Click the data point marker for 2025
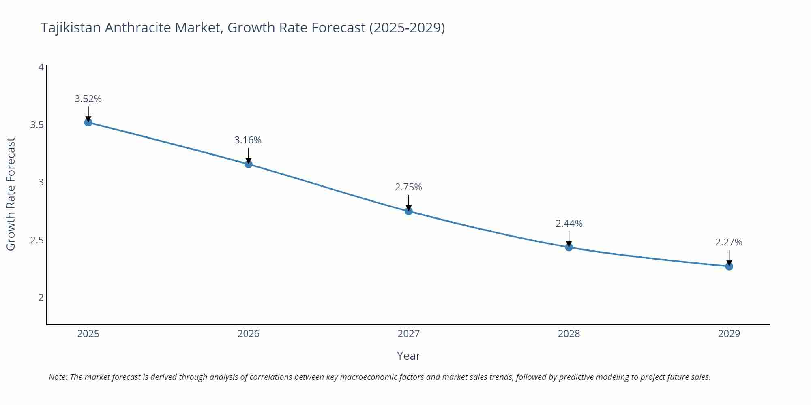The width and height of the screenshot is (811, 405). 88,122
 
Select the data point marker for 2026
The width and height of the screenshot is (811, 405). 249,164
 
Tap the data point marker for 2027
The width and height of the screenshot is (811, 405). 409,211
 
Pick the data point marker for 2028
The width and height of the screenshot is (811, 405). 569,247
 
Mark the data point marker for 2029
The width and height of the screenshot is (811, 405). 729,266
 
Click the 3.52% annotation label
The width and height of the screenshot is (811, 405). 88,99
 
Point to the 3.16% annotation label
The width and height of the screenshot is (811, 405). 248,140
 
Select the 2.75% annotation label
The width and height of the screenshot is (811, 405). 408,187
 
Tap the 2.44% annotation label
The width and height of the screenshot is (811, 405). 569,224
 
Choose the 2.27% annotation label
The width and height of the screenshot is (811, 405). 729,242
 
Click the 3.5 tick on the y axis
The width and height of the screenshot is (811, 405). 37,125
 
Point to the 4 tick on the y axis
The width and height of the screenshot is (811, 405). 41,67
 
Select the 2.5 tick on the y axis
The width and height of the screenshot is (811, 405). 37,240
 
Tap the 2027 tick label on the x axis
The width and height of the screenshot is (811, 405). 409,334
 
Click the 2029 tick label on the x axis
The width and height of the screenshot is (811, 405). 729,334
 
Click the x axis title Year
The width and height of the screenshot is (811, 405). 408,356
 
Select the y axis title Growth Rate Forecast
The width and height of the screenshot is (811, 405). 11,194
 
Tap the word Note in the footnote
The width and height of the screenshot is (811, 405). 58,377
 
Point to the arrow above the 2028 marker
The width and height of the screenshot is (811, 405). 569,238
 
